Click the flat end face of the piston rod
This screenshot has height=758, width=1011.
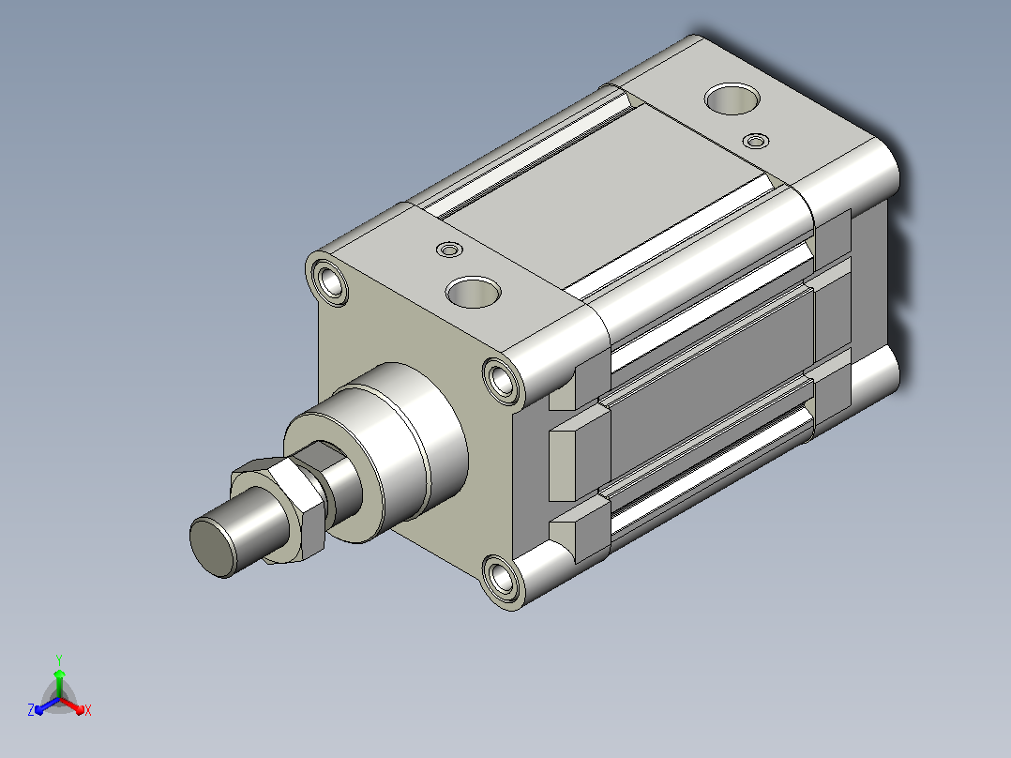pos(213,548)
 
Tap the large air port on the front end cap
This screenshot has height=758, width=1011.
pos(474,292)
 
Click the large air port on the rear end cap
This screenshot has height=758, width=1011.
pos(732,99)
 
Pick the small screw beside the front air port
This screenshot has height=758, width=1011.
pos(449,249)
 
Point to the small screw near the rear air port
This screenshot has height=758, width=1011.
pos(756,140)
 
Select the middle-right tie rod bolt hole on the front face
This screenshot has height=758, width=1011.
pos(502,381)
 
